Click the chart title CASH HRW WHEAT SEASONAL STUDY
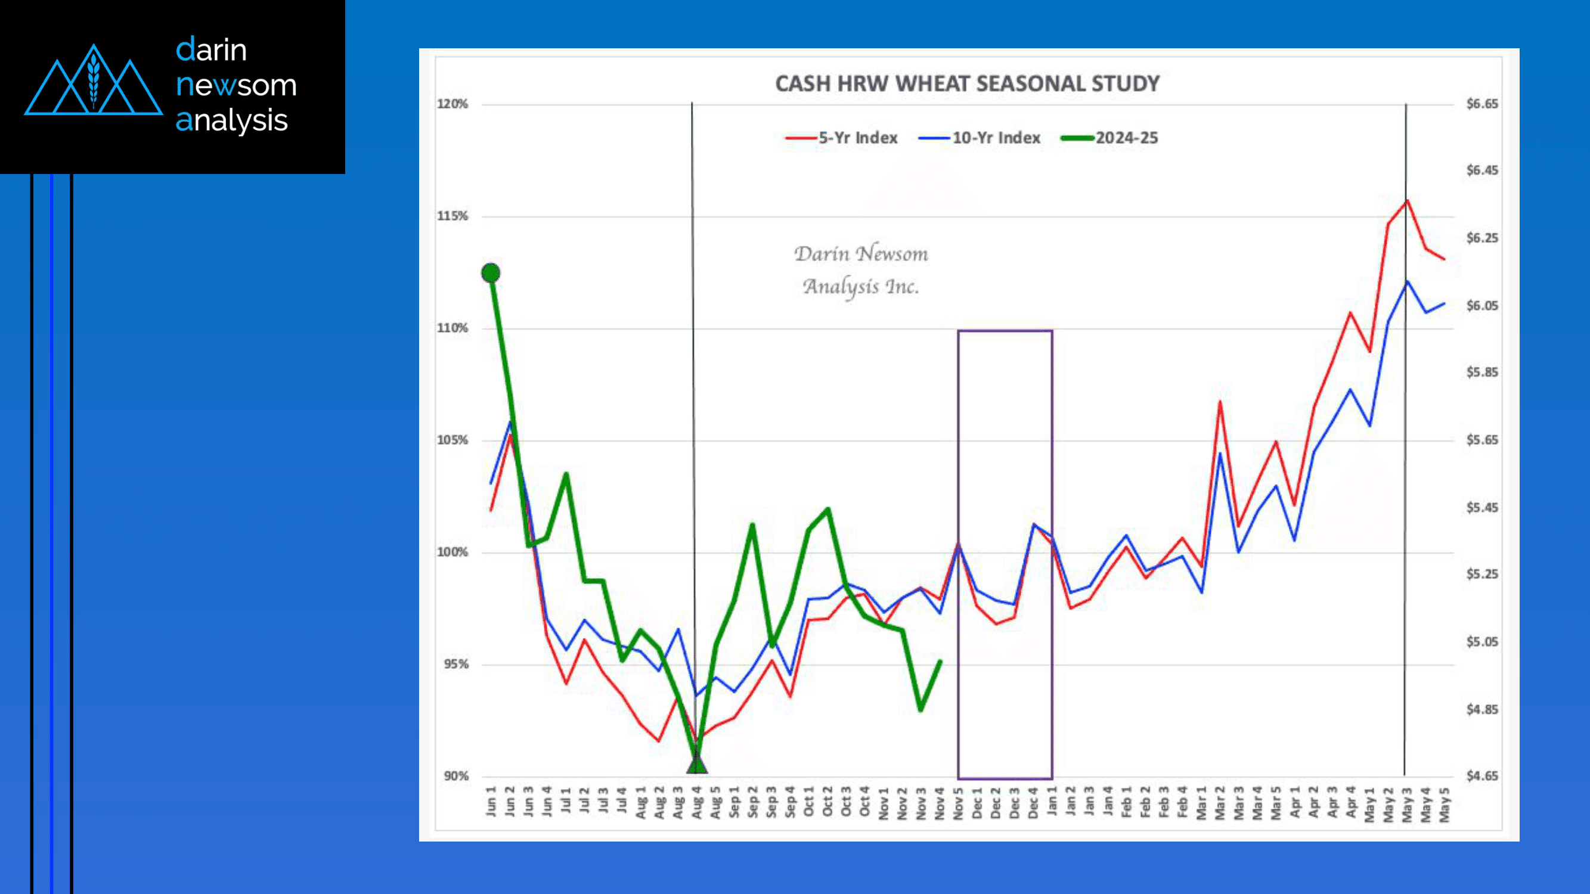(967, 84)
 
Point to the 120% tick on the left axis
(452, 104)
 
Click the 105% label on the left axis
(452, 440)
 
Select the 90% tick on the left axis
(455, 776)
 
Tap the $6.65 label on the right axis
(1482, 104)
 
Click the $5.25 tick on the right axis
(1482, 574)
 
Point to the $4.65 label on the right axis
(1482, 776)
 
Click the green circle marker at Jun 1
(491, 273)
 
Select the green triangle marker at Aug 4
(697, 765)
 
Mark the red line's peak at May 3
(1407, 200)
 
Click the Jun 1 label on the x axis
(491, 802)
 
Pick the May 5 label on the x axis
(1445, 805)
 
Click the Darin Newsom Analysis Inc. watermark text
(861, 269)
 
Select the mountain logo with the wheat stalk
(93, 80)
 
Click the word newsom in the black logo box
(235, 85)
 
